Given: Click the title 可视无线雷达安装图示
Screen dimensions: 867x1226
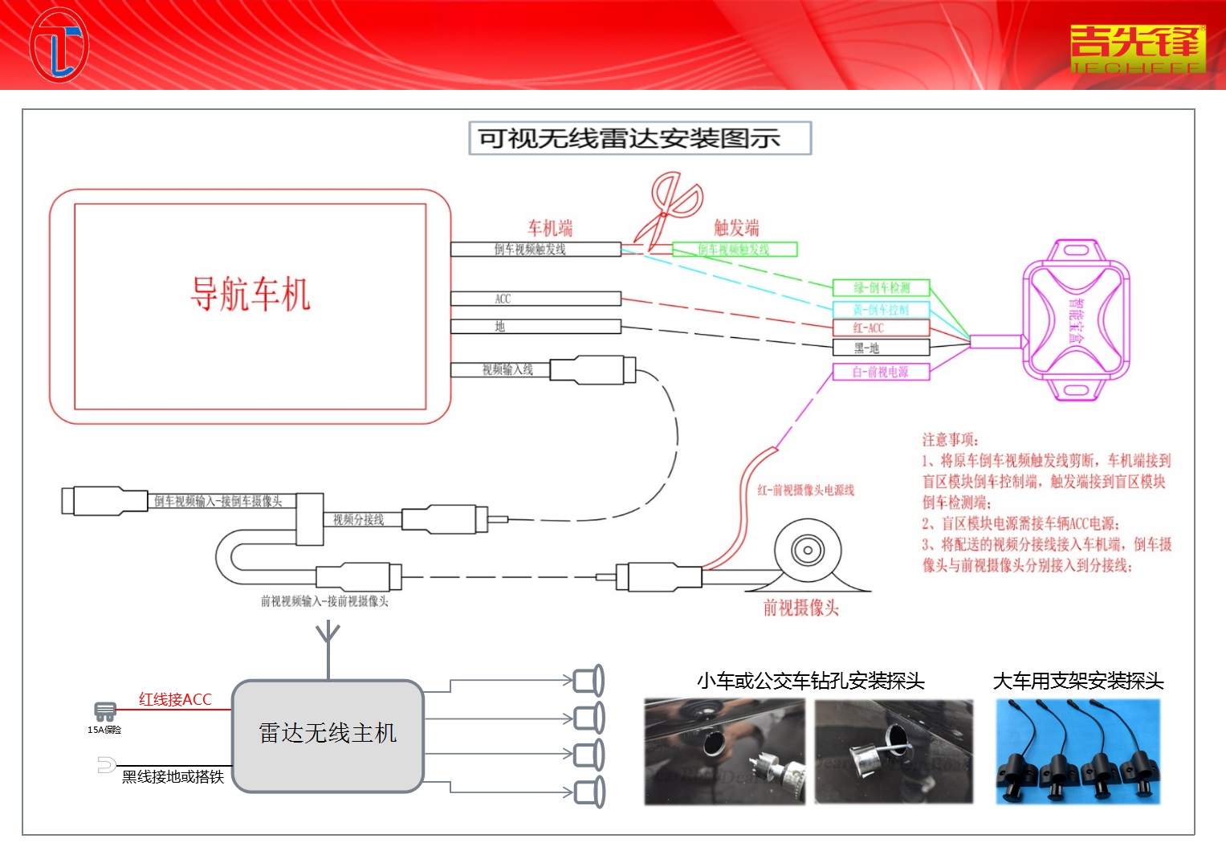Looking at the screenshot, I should pyautogui.click(x=640, y=138).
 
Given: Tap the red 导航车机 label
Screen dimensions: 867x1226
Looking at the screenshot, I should pyautogui.click(x=250, y=294).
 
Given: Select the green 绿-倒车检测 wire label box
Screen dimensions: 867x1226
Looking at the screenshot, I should pyautogui.click(x=881, y=287).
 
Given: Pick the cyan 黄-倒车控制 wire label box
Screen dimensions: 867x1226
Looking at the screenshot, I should pyautogui.click(x=881, y=309).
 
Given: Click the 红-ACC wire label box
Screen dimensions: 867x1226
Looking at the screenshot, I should pyautogui.click(x=881, y=328).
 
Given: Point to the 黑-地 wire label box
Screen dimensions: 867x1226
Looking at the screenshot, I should pyautogui.click(x=881, y=348).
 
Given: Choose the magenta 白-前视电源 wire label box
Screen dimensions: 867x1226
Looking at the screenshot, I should pyautogui.click(x=881, y=372).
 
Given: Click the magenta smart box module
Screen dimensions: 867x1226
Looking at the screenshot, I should pyautogui.click(x=1076, y=319).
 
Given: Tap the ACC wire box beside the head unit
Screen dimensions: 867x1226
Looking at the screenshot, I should pyautogui.click(x=536, y=299).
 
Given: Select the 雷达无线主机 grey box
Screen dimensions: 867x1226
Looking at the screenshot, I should pyautogui.click(x=328, y=735).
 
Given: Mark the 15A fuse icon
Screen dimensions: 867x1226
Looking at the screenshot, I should pyautogui.click(x=104, y=712).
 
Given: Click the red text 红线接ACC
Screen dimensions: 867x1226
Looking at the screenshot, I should pyautogui.click(x=175, y=699).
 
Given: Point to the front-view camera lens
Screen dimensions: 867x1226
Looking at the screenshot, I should pyautogui.click(x=807, y=551).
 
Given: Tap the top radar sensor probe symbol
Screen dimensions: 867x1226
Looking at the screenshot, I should pyautogui.click(x=590, y=681).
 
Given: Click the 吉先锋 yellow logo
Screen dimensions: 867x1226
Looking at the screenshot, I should pyautogui.click(x=1138, y=47).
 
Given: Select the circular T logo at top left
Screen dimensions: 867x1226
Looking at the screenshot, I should pyautogui.click(x=59, y=45).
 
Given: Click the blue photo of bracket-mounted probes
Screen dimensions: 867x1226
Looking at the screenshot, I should pyautogui.click(x=1077, y=751).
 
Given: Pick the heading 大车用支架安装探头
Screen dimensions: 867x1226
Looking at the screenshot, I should pyautogui.click(x=1077, y=682).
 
